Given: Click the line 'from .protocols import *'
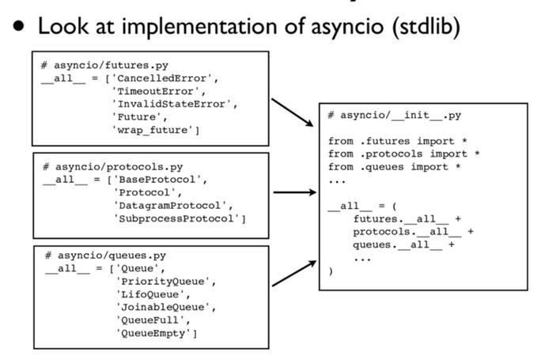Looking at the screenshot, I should (403, 154).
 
